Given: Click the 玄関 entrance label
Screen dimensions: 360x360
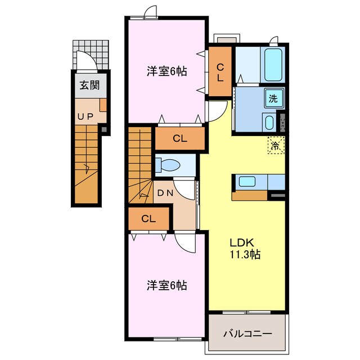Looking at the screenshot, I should (x=89, y=86).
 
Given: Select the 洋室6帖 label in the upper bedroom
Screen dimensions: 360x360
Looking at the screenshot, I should (x=166, y=71).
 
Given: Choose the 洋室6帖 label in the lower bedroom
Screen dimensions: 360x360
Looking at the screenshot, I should (x=166, y=286).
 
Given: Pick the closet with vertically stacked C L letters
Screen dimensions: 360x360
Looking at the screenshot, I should (x=220, y=73).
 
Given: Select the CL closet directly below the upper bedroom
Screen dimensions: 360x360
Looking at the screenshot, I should (x=179, y=138).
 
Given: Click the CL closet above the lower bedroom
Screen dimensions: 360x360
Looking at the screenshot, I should (x=148, y=219).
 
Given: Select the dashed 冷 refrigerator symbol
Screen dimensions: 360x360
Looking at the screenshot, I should (x=276, y=146).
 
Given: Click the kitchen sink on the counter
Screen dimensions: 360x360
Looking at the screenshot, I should (x=247, y=181).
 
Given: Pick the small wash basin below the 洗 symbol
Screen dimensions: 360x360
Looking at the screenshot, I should (x=269, y=121).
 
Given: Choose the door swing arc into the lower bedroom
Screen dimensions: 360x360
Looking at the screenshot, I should (x=184, y=243).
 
